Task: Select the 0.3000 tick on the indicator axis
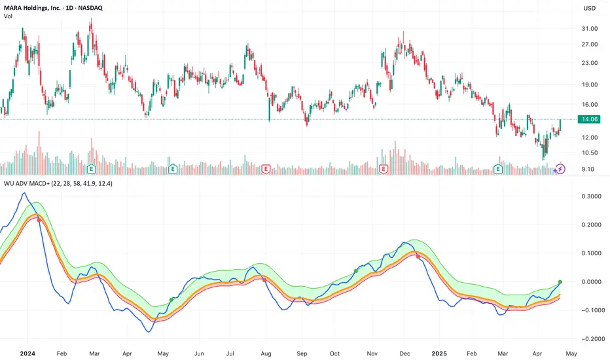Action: tap(587, 196)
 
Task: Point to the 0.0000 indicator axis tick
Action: tap(587, 281)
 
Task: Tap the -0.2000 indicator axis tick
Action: tap(586, 338)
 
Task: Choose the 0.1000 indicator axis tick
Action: tap(587, 253)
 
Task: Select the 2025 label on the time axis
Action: tap(435, 352)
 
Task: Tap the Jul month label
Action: tap(230, 352)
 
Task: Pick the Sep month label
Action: tap(302, 352)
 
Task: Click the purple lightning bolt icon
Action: tap(560, 169)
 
